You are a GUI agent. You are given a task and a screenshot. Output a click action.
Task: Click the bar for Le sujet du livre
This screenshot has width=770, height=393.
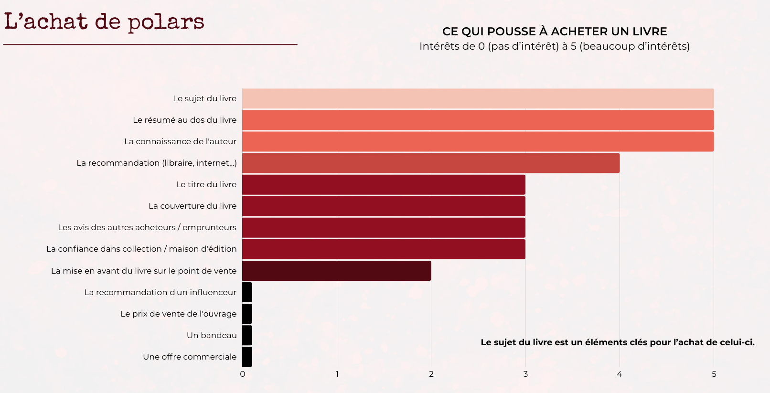478,98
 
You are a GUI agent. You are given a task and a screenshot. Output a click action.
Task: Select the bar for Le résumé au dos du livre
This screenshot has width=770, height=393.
478,120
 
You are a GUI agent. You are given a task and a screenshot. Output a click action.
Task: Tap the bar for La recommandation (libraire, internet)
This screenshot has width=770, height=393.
430,163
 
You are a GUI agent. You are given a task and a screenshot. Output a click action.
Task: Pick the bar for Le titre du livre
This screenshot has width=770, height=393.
384,185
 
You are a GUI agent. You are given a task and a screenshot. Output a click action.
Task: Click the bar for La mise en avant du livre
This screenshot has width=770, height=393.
336,271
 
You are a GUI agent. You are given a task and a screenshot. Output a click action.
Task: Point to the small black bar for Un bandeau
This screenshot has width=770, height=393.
247,335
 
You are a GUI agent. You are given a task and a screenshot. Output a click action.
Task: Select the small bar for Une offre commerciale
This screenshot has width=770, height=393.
247,357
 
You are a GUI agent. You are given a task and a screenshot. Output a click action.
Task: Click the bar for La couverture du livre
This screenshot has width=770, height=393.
384,206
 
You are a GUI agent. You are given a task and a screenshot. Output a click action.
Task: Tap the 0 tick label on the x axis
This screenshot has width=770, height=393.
243,374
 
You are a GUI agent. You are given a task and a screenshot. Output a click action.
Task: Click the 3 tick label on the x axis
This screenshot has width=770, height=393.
525,374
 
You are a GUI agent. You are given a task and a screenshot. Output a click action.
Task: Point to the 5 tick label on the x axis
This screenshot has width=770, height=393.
714,374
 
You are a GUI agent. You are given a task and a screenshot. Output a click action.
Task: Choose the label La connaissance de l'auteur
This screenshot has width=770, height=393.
180,141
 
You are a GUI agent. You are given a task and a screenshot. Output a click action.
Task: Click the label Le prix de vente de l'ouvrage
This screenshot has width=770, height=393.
178,314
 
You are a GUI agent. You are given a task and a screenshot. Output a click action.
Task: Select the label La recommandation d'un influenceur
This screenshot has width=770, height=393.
160,292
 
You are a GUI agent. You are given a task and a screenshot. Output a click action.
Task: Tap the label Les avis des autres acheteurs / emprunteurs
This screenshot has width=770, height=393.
147,227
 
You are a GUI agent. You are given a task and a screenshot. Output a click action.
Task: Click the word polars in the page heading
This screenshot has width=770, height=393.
166,22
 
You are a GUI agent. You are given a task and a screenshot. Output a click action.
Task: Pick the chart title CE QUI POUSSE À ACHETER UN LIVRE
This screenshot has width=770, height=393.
555,32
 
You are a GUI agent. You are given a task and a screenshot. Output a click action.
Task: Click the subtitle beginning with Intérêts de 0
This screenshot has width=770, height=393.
555,46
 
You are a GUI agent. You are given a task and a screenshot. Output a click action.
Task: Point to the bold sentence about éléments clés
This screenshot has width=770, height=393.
618,342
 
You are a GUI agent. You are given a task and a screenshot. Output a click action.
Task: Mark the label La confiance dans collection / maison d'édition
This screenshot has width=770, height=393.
141,249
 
